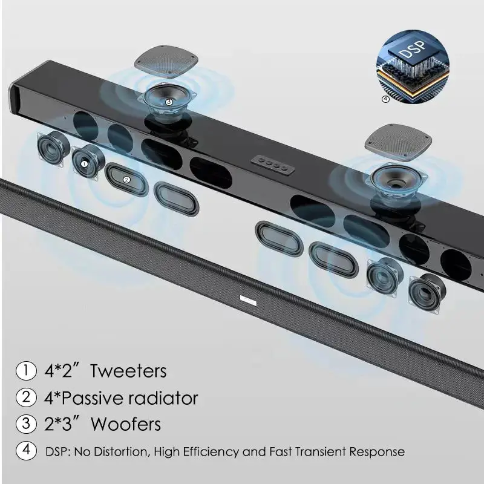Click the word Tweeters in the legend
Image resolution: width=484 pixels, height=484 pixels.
pos(128,370)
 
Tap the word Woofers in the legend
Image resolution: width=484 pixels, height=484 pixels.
pos(126,423)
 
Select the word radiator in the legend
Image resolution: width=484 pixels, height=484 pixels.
pos(163,397)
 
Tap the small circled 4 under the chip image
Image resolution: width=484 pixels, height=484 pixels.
pos(386,100)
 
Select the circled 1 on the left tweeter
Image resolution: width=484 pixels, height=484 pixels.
pos(85,162)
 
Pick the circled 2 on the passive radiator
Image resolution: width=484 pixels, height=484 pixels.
pos(126,179)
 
